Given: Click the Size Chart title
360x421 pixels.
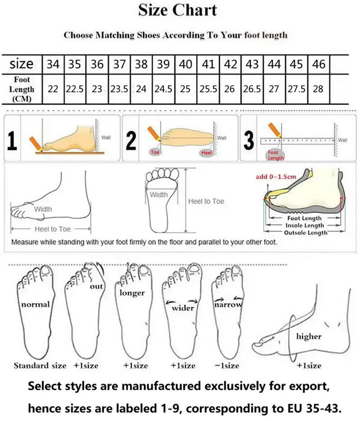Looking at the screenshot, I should pyautogui.click(x=177, y=10).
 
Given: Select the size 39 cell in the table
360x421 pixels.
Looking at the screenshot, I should pyautogui.click(x=163, y=64).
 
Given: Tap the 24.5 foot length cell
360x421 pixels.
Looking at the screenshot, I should pyautogui.click(x=163, y=89).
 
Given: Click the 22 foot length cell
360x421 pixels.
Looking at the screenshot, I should pyautogui.click(x=52, y=89).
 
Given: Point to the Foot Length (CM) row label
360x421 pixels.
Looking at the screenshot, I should pyautogui.click(x=21, y=89).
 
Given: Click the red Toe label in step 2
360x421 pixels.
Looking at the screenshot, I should pyautogui.click(x=155, y=152).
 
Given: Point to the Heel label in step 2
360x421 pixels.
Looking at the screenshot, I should pyautogui.click(x=205, y=152).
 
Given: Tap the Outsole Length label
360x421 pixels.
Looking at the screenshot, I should pyautogui.click(x=305, y=232).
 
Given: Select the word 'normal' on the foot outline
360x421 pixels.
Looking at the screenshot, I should pyautogui.click(x=35, y=304).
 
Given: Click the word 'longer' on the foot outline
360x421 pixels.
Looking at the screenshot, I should pyautogui.click(x=132, y=293).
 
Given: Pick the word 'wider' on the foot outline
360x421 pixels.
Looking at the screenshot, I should pyautogui.click(x=182, y=307).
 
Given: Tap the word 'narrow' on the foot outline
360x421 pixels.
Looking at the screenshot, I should pyautogui.click(x=228, y=304).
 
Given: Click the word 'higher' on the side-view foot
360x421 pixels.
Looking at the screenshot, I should pyautogui.click(x=308, y=336).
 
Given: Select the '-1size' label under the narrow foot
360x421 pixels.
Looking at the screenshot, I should pyautogui.click(x=226, y=365).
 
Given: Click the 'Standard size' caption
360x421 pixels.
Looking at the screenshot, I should pyautogui.click(x=39, y=365).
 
